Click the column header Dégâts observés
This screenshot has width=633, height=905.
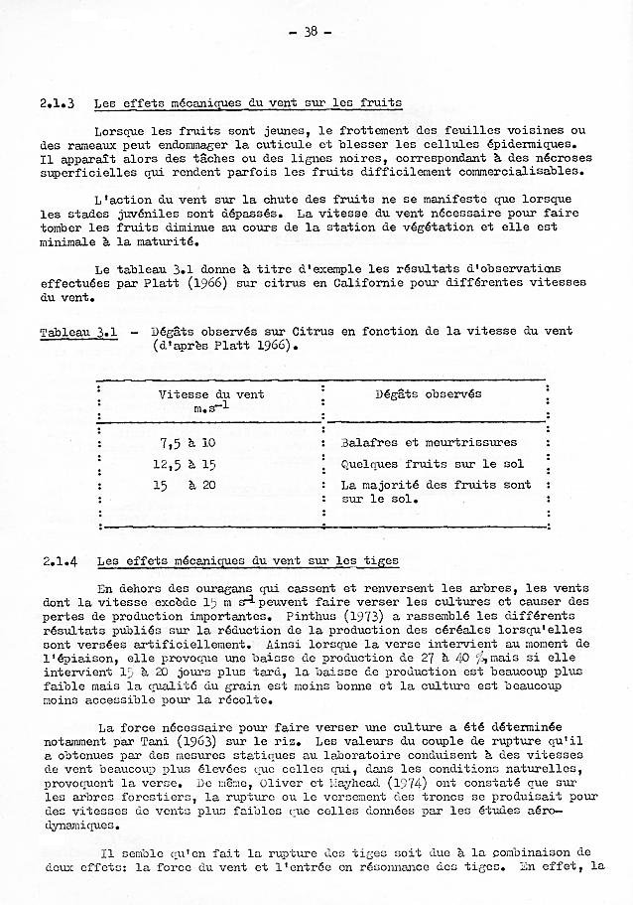428,394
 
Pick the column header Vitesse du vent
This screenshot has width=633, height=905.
211,394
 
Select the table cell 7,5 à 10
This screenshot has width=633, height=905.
187,442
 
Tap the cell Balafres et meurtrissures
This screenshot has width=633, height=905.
429,442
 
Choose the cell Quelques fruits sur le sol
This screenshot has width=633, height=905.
433,463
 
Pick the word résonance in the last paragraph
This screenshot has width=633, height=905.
414,867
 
